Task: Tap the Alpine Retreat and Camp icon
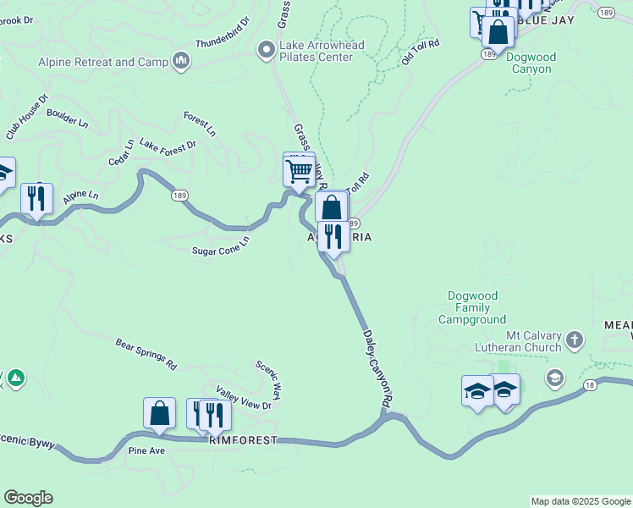click(x=180, y=61)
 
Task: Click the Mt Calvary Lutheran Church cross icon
click(x=575, y=340)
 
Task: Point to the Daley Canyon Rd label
click(x=377, y=372)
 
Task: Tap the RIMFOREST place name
click(x=243, y=441)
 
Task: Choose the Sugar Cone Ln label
click(x=221, y=246)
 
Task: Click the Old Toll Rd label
click(x=421, y=52)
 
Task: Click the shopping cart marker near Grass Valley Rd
click(x=299, y=172)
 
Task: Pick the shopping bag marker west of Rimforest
click(x=159, y=414)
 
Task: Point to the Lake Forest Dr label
click(x=168, y=145)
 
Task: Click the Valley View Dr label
click(x=244, y=399)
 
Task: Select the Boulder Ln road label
click(x=67, y=117)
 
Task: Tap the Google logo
click(x=28, y=498)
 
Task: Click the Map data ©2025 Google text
click(x=581, y=501)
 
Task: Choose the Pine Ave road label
click(x=146, y=450)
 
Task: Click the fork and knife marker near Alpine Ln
click(x=36, y=200)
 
